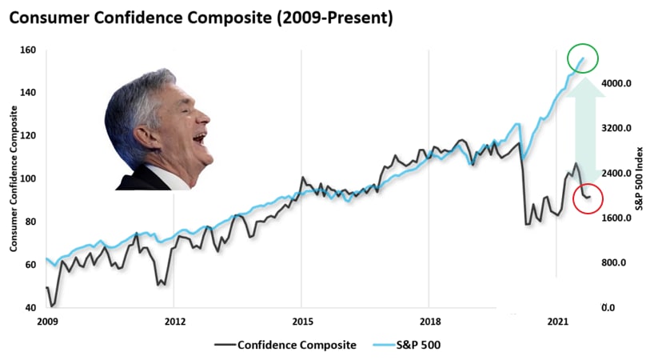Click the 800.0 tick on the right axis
(616, 262)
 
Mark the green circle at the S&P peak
(582, 58)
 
